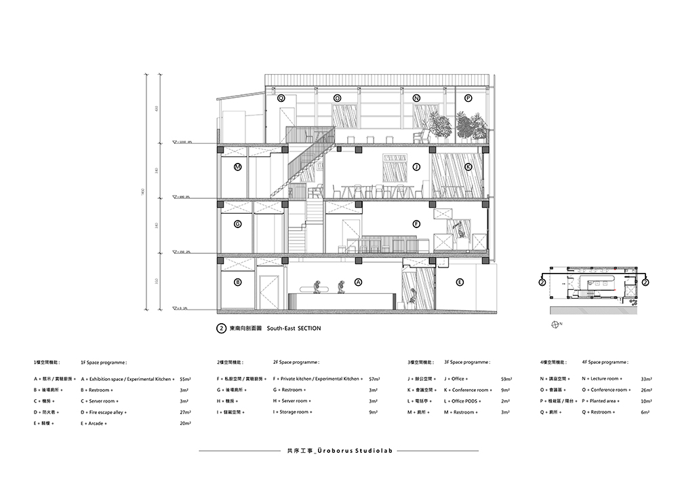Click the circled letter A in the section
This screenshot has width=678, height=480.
tap(359, 282)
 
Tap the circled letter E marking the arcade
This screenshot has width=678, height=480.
tap(460, 282)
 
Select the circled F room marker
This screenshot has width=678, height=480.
tap(417, 223)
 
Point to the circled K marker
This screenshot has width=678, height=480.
tap(468, 166)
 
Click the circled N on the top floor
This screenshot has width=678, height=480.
tap(416, 98)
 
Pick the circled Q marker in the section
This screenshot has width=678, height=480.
tap(281, 98)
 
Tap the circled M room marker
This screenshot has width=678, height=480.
tap(238, 166)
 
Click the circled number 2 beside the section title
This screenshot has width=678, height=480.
tap(220, 328)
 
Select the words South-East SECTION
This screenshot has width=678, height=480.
tap(294, 328)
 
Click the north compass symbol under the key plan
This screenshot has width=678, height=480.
tap(556, 325)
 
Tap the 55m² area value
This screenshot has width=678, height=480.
tap(184, 379)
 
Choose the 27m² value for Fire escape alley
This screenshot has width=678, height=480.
tap(184, 412)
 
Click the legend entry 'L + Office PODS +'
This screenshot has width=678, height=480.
tap(466, 401)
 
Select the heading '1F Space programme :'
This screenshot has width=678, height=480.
tap(104, 363)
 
